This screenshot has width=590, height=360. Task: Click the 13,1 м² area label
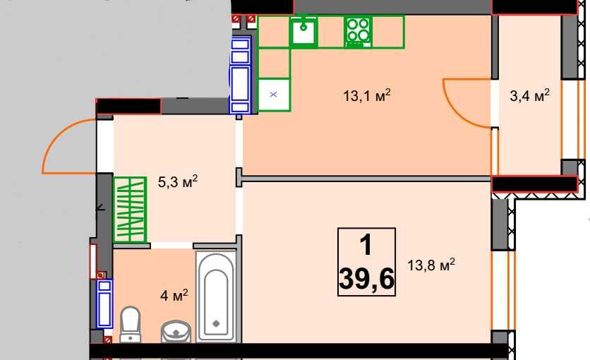[366, 95]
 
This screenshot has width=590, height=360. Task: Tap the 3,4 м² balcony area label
[529, 95]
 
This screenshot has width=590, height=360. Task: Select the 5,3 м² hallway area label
[178, 181]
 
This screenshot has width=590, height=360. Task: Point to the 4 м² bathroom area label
[174, 295]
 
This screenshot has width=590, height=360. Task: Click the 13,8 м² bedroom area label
[431, 265]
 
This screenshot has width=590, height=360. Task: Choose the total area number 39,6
[366, 279]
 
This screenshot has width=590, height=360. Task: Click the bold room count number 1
[366, 244]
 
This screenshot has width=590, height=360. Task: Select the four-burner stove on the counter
[359, 32]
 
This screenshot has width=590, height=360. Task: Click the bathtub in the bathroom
[216, 296]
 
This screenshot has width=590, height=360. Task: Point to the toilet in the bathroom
[130, 324]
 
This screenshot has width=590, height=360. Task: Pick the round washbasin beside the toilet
[176, 331]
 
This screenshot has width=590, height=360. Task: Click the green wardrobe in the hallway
[130, 210]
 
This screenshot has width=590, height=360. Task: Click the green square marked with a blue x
[274, 95]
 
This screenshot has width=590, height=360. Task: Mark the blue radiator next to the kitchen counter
[240, 75]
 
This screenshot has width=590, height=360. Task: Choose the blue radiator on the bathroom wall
[104, 304]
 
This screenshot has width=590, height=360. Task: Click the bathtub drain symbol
[216, 323]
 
